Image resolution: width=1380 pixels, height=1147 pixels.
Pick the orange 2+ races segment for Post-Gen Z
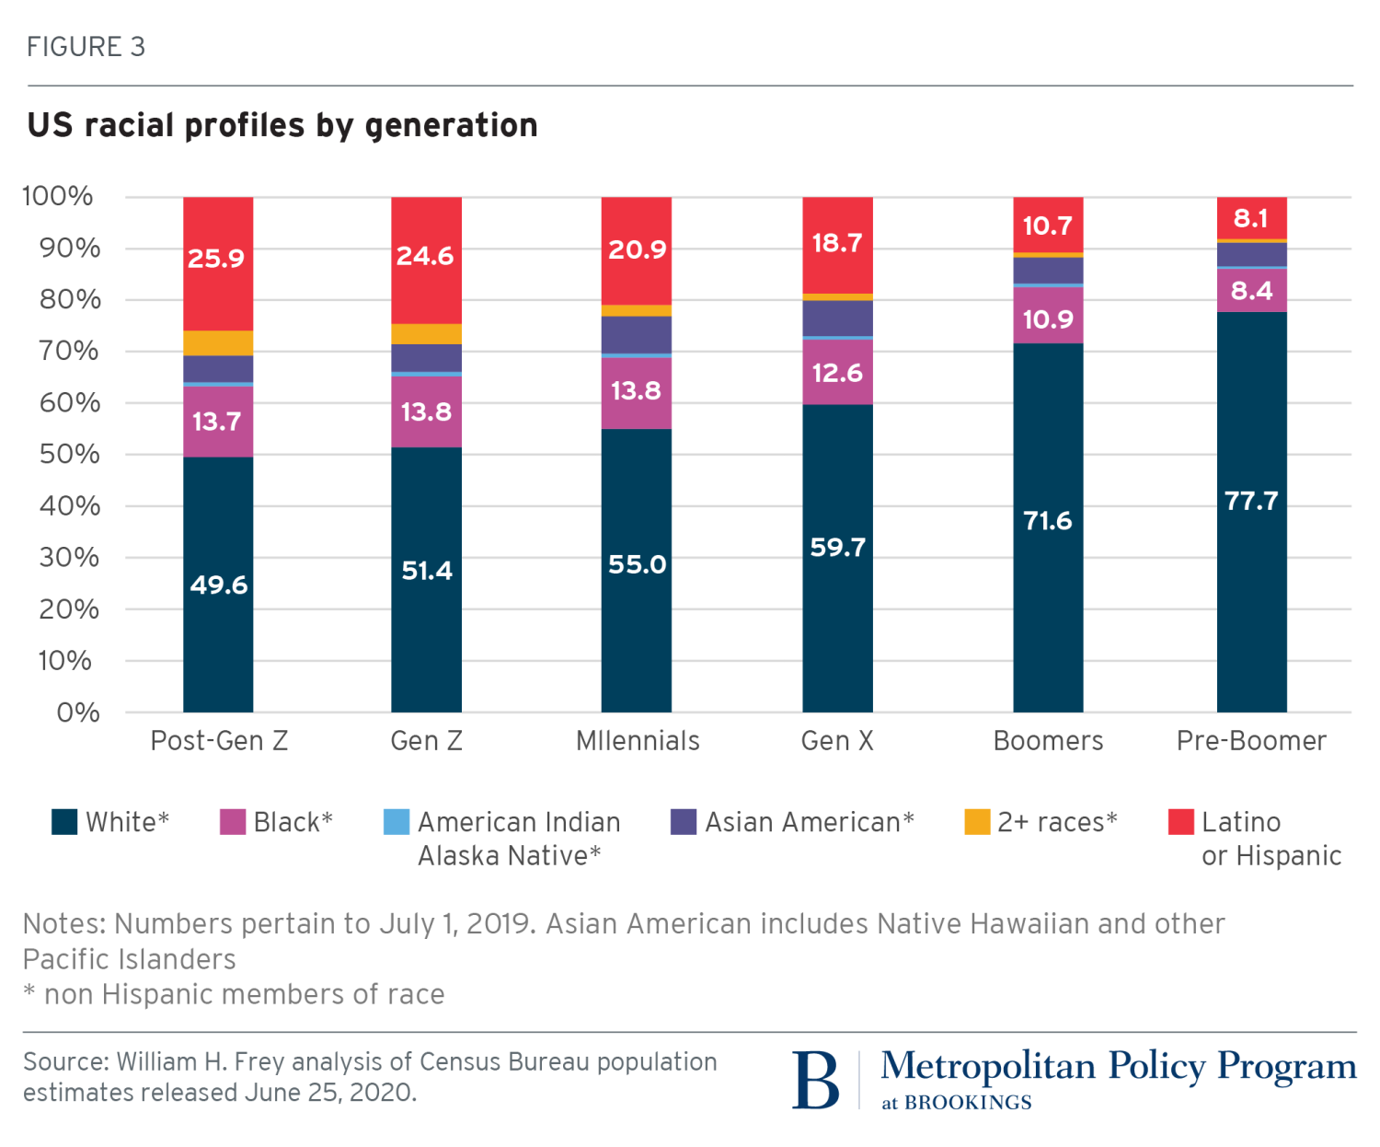[218, 342]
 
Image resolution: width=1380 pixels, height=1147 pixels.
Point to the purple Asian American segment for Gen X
[837, 318]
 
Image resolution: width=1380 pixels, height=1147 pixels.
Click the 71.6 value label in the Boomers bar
[1048, 521]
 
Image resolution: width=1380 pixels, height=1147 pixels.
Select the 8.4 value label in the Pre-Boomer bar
[1251, 291]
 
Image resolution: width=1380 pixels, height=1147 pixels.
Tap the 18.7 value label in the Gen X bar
[837, 243]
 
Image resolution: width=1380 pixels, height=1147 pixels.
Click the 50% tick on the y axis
[69, 454]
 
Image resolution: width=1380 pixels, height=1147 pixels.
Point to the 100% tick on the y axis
[58, 196]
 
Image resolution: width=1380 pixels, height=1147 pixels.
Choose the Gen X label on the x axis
[837, 741]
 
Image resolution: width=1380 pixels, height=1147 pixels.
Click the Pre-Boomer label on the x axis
[1251, 741]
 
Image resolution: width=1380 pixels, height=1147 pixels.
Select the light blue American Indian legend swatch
[397, 822]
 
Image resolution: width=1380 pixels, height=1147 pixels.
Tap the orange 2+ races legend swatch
[977, 822]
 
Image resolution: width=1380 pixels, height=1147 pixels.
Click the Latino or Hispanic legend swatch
[1180, 822]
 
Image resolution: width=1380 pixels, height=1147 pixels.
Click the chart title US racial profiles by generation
[282, 125]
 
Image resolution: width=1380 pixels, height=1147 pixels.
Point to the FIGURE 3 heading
[86, 47]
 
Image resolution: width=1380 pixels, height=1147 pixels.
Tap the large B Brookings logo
[816, 1080]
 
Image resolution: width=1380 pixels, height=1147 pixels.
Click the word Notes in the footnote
[63, 923]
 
